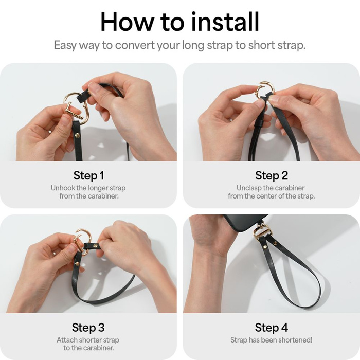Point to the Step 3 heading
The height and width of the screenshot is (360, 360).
pos(88,327)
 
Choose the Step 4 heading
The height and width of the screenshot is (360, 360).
pos(271,327)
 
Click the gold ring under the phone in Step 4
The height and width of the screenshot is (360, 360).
pos(261,231)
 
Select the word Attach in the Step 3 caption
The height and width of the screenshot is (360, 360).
pos(67,340)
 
